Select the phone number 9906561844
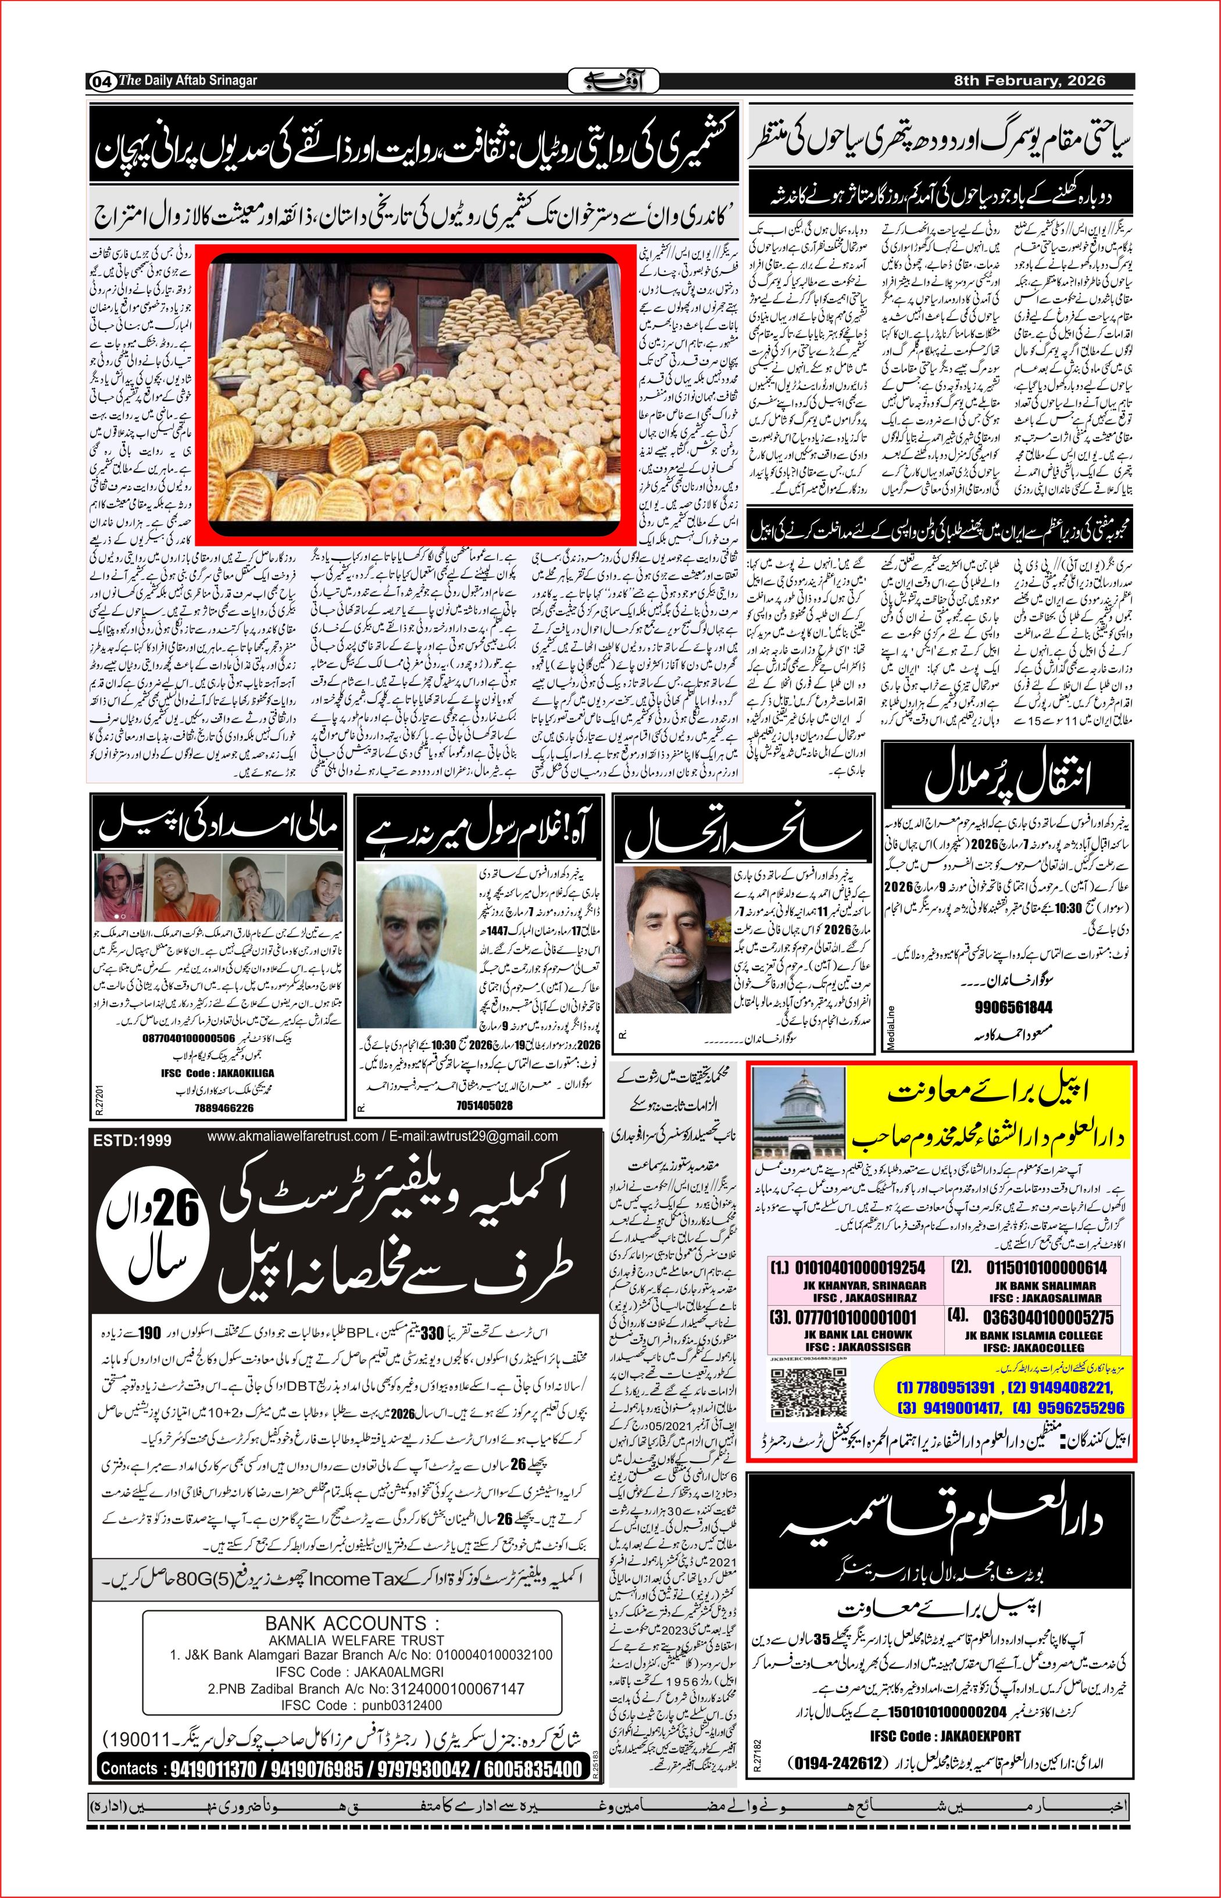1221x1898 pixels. (x=1013, y=1007)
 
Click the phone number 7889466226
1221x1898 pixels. (x=224, y=1108)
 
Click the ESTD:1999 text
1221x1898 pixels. (x=131, y=1140)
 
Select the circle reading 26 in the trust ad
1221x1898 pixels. (x=153, y=1236)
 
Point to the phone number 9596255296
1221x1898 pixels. (x=1076, y=1408)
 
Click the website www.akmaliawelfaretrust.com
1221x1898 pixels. (x=292, y=1137)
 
